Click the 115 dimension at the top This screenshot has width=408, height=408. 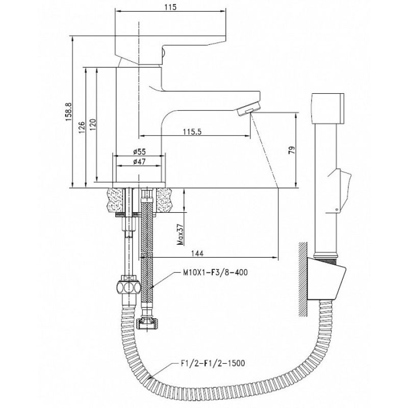[x=170, y=7]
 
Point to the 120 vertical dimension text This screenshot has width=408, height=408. [x=92, y=124]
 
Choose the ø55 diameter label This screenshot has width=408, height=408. [x=139, y=151]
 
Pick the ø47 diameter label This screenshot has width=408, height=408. [x=139, y=162]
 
